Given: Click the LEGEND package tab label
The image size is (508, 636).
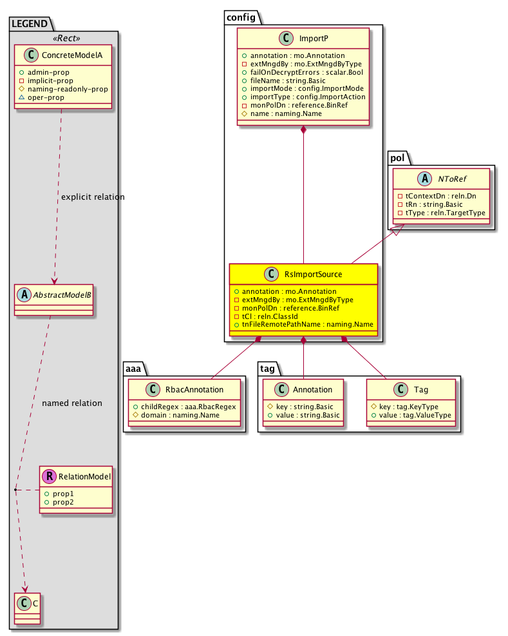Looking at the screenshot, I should tap(29, 24).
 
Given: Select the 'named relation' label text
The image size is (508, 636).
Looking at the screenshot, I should tap(71, 403).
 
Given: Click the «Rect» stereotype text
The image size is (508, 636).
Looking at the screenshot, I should tap(62, 37).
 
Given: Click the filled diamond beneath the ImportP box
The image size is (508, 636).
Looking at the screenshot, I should tap(304, 131).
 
